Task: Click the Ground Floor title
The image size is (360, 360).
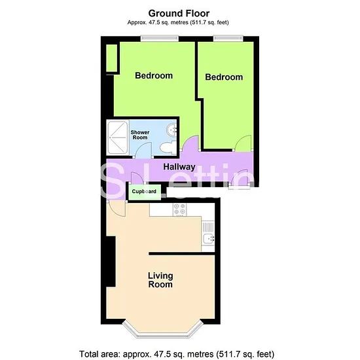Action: coord(179,14)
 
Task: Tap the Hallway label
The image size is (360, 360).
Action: coord(179,167)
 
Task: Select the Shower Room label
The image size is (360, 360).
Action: coord(140,135)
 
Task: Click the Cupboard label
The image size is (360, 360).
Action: coord(144,192)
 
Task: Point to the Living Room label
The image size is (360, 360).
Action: coord(160,280)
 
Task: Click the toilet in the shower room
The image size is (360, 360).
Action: coord(168,147)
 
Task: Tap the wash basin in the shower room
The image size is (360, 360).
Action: coord(171,130)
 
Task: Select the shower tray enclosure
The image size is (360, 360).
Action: coord(118,137)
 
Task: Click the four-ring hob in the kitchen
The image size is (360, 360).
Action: coord(179,209)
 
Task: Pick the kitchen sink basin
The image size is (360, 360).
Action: coord(208,238)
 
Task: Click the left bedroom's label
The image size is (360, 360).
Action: coord(154,75)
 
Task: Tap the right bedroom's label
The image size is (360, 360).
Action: coord(224,77)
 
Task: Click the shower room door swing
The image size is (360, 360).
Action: coord(142,150)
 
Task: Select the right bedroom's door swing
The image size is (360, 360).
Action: coord(243,143)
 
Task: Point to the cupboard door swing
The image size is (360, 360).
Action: coord(137,178)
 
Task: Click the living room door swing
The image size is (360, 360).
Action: coord(116,208)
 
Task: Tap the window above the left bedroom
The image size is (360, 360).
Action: coord(160,38)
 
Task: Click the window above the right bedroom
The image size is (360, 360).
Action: coord(228,38)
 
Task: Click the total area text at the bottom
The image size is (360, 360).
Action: coord(177,354)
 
